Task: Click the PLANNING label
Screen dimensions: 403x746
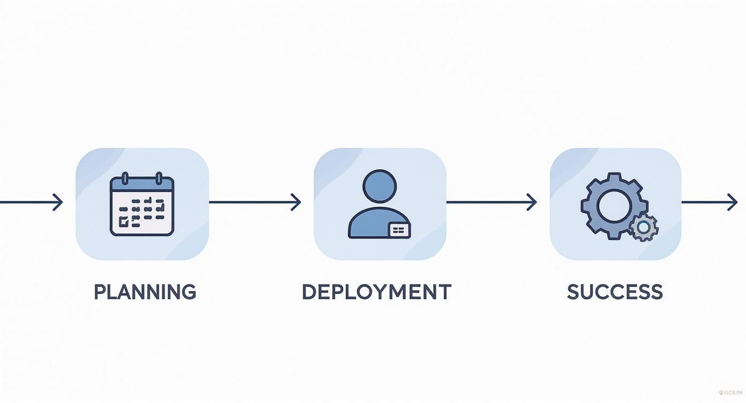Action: [x=145, y=292]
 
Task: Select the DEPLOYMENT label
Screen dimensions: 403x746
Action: [x=376, y=292]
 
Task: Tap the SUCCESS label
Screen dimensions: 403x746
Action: [x=615, y=292]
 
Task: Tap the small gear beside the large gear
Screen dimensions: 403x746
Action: [x=644, y=227]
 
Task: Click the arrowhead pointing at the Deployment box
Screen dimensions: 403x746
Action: [x=296, y=203]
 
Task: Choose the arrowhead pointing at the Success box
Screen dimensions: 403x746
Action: [x=532, y=203]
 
